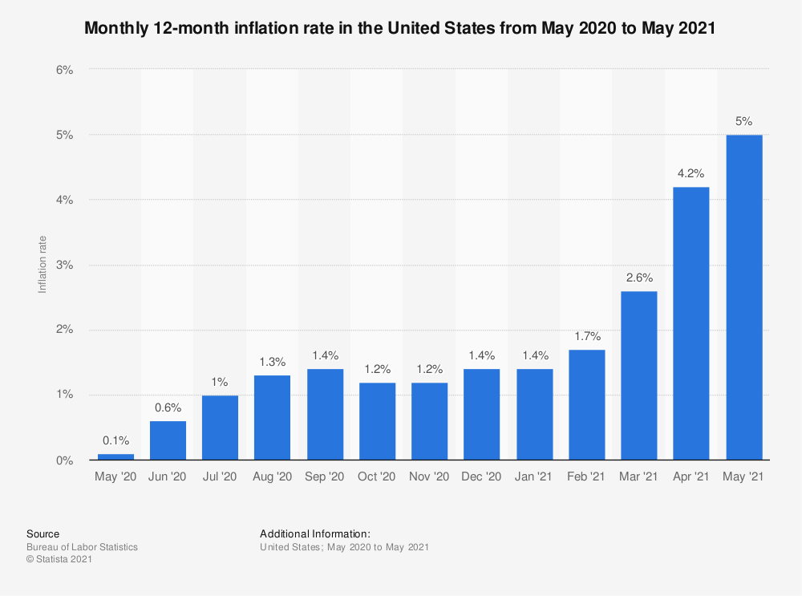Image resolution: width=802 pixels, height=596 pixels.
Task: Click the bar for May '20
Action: point(115,457)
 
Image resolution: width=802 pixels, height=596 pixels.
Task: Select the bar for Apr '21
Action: point(691,323)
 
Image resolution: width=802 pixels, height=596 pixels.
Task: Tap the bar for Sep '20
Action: point(325,414)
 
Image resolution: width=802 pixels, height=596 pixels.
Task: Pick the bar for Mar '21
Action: point(639,375)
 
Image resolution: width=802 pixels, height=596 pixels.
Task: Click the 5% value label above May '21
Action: point(743,122)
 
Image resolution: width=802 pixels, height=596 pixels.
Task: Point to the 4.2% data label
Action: point(691,174)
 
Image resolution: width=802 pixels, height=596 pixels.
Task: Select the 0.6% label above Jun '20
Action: point(168,408)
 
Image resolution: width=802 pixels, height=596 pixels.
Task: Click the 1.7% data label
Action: point(587,337)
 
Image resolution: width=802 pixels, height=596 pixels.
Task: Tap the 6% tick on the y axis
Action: point(65,70)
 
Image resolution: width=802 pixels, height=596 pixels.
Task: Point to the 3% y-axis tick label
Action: point(65,265)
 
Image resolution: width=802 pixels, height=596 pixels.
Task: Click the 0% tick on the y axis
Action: point(65,460)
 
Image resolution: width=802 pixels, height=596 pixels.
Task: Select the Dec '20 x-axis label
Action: point(482,477)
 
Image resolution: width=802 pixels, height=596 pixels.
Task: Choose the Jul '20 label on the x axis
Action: point(220,477)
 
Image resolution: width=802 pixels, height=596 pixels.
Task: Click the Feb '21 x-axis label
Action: point(586,477)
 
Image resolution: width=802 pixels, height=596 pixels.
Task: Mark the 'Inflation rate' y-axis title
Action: point(43,265)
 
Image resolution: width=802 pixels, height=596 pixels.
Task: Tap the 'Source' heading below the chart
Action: point(43,533)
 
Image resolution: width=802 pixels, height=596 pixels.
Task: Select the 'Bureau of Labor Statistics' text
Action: point(82,547)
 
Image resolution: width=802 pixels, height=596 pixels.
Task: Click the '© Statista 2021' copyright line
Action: point(59,560)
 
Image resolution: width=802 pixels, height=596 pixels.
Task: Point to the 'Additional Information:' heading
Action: point(315,533)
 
